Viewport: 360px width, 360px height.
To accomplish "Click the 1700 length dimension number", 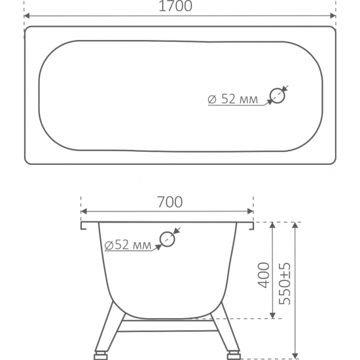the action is coord(175,6).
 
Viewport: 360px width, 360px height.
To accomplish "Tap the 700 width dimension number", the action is coord(170,202).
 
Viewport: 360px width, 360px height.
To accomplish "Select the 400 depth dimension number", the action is coord(264,275).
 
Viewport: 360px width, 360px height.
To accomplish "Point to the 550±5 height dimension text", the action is coord(285,284).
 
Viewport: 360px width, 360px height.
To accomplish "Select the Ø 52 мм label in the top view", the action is coord(232,99).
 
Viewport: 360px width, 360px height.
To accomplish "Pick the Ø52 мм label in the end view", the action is coord(128,245).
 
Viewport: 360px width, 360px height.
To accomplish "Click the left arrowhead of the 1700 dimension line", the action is coord(27,16).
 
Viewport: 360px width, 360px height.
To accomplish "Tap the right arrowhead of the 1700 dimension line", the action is coord(333,16).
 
